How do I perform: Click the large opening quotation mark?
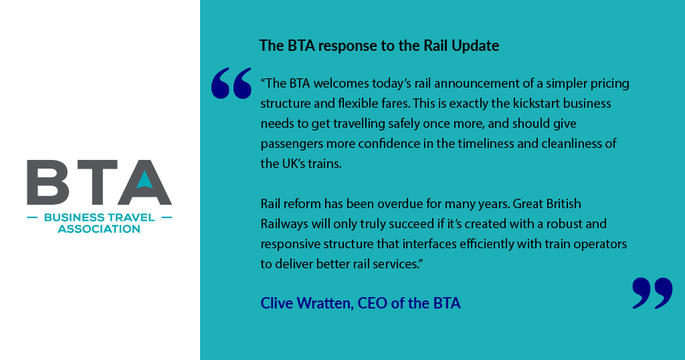click(x=231, y=84)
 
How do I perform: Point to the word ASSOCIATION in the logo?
click(x=99, y=229)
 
